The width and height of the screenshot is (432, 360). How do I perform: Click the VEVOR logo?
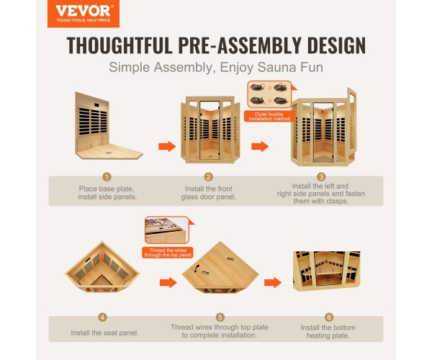[x=84, y=14]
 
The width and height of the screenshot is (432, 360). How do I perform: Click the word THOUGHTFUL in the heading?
[x=120, y=45]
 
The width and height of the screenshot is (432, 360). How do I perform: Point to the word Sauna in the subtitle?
[x=276, y=67]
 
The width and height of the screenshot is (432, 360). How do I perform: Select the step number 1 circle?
[x=107, y=177]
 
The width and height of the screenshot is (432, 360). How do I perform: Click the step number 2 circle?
[x=209, y=177]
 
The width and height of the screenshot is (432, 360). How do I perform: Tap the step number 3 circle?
[x=321, y=176]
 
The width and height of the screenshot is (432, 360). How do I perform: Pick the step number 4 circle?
[x=102, y=318]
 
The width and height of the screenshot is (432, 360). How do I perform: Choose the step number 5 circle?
[x=220, y=318]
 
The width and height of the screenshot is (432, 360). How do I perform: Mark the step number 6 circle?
[x=329, y=318]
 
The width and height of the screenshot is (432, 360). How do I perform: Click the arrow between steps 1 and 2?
[x=167, y=146]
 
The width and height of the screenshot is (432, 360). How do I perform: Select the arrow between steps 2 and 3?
[x=260, y=146]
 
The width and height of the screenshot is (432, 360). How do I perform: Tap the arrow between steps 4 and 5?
[x=168, y=283]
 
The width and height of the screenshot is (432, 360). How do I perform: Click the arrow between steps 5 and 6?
[x=273, y=283]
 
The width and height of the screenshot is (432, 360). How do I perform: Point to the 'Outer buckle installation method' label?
[x=269, y=117]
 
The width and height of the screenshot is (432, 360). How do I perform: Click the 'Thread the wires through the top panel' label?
[x=168, y=253]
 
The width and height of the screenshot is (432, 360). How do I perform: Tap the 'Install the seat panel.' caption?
[x=104, y=333]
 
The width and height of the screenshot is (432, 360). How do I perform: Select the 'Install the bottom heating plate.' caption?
[x=328, y=332]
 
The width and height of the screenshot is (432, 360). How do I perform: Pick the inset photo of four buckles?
[x=269, y=94]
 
